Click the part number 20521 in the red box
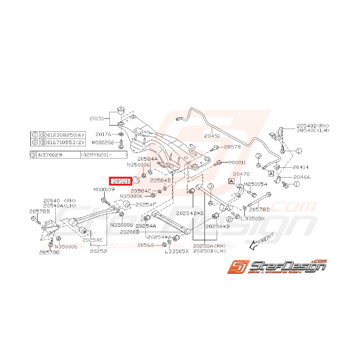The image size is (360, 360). point(121,181)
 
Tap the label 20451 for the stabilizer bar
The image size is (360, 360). point(212,136)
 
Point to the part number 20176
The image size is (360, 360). point(104,134)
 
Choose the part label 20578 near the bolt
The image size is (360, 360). point(232,147)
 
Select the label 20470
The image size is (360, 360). point(242,174)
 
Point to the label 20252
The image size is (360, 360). point(98,251)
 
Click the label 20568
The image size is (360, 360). point(145,245)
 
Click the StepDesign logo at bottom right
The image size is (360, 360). point(277,266)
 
